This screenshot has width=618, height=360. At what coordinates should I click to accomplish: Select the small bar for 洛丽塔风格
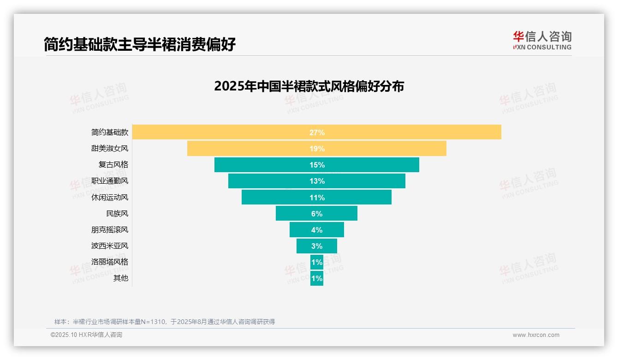(317, 262)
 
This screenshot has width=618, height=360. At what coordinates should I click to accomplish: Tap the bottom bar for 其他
(317, 279)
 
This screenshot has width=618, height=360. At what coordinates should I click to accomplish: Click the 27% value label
(317, 132)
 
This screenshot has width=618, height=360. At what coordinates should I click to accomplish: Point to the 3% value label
(317, 246)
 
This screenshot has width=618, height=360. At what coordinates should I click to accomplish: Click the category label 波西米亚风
(110, 246)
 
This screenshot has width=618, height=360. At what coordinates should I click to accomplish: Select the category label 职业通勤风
(110, 181)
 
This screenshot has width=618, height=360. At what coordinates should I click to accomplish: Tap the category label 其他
(121, 278)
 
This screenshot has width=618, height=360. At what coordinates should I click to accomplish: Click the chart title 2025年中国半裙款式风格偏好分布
(309, 86)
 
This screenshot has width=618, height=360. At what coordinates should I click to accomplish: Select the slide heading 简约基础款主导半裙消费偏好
(140, 44)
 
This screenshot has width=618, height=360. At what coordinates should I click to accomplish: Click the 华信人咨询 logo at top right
(542, 40)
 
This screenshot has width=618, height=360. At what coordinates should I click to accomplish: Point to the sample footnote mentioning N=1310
(165, 322)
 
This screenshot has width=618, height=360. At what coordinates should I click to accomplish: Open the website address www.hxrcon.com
(536, 335)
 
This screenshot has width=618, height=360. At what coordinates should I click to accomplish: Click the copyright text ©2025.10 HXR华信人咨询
(86, 335)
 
